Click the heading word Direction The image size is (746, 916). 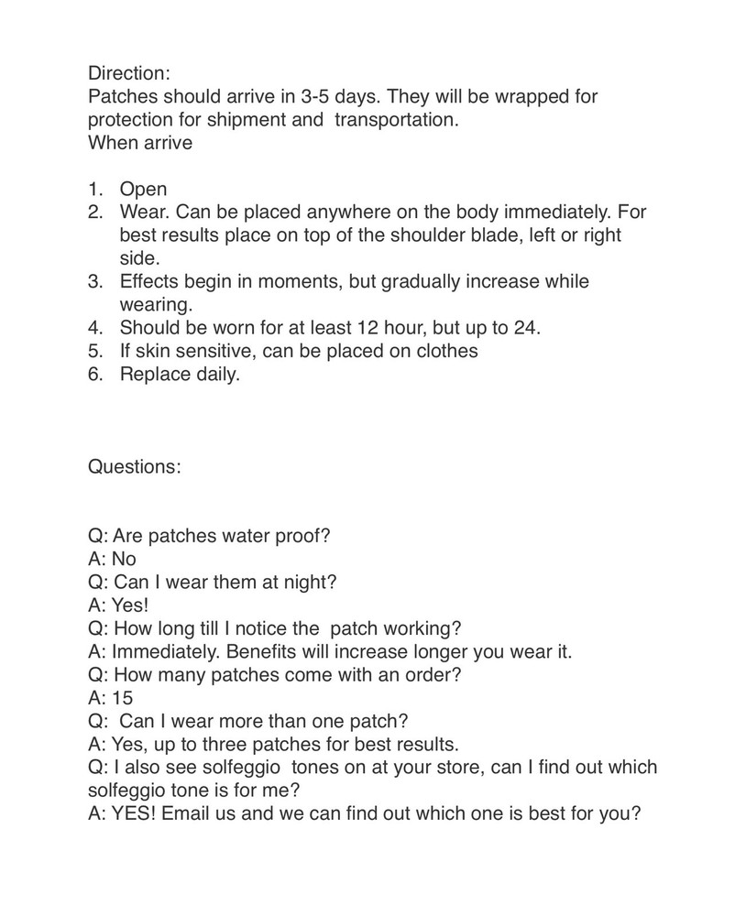[x=128, y=72]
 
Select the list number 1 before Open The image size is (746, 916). [x=94, y=190]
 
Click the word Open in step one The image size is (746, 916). [x=143, y=190]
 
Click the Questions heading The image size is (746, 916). [x=134, y=466]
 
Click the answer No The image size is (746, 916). [x=124, y=559]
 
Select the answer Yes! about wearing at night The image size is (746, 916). [x=130, y=605]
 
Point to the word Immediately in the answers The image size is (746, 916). [x=166, y=651]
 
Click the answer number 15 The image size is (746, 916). [x=122, y=697]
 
